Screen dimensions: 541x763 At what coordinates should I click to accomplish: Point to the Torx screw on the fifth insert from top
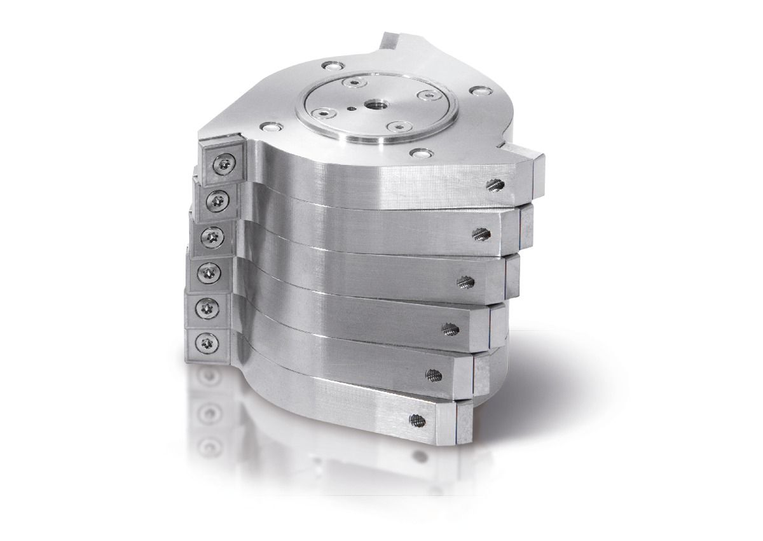pos(206,309)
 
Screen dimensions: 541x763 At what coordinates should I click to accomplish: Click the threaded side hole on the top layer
pos(496,185)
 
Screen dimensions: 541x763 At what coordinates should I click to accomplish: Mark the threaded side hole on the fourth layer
pos(451,328)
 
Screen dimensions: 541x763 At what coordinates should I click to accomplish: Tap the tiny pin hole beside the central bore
pos(352,109)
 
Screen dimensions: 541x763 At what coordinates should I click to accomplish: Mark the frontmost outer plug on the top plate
pos(418,153)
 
